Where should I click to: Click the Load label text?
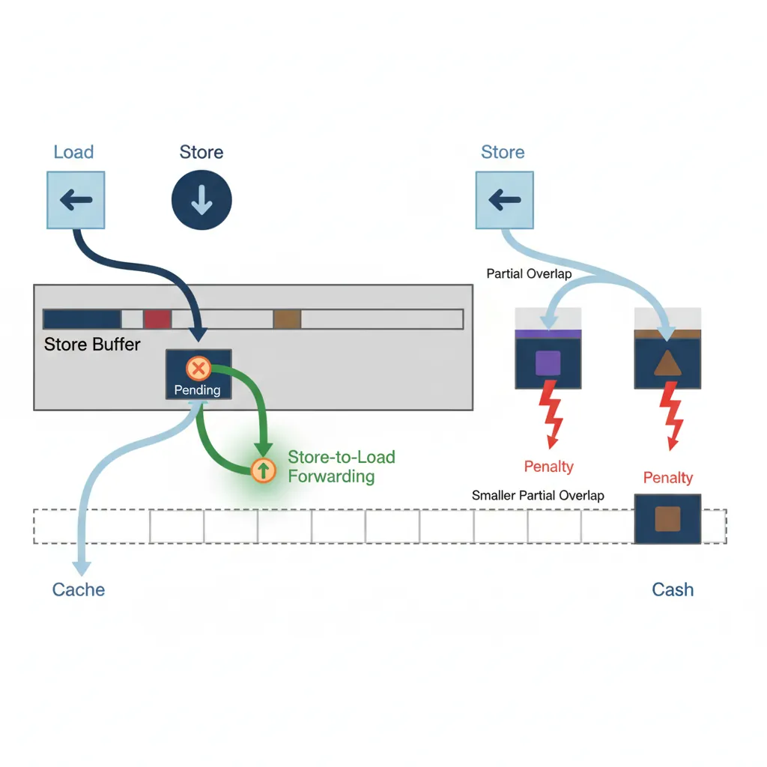point(73,152)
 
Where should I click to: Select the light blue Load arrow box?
point(76,200)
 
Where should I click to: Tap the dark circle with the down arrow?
point(201,200)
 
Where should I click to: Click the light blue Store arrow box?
point(505,200)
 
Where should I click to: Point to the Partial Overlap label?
point(529,274)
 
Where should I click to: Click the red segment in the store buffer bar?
point(157,319)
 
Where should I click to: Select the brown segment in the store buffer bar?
point(287,319)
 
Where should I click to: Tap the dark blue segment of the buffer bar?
point(82,319)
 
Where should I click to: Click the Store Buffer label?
point(92,345)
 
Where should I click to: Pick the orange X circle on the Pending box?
point(198,368)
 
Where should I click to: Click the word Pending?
point(197,389)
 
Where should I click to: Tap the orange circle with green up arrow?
point(263,470)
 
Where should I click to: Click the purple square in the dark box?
point(548,363)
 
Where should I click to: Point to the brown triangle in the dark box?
point(667,363)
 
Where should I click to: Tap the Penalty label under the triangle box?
point(667,478)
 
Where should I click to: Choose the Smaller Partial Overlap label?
point(538,495)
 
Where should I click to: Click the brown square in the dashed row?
point(667,518)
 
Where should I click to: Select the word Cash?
point(672,589)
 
